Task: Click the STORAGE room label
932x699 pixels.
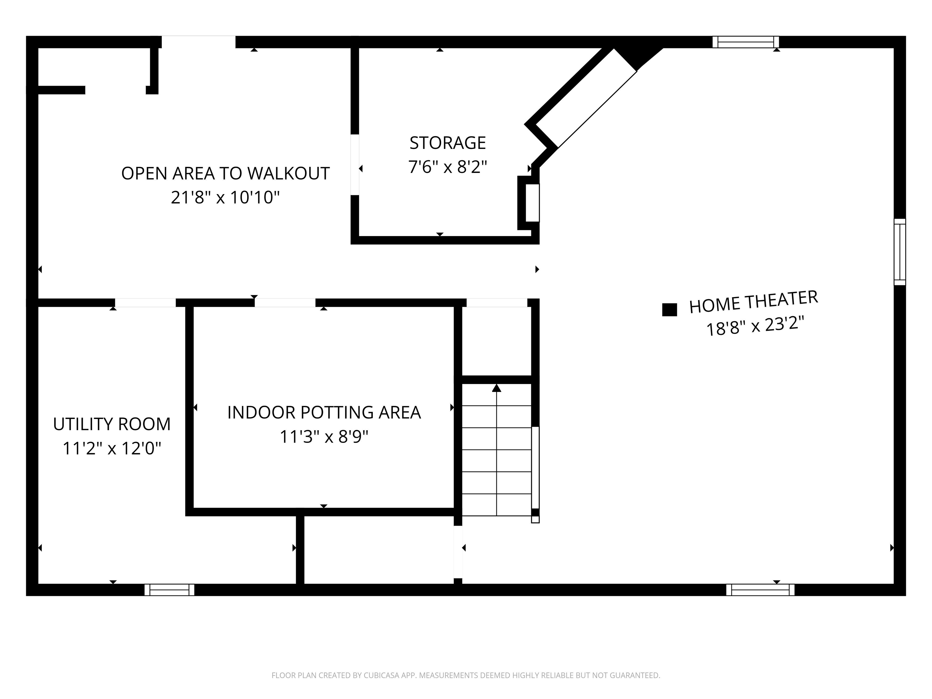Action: [447, 143]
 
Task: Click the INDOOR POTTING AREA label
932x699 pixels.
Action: [324, 413]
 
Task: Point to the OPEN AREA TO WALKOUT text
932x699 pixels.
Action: [225, 174]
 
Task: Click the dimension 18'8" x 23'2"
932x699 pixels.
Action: [755, 326]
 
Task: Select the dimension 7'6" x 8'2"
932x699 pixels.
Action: [447, 167]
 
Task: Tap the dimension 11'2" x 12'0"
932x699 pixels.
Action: [112, 448]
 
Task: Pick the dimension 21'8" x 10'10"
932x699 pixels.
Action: [225, 197]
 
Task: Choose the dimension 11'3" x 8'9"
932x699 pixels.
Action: [324, 437]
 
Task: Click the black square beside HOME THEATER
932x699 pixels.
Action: [670, 310]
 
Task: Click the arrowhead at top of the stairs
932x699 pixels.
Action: [497, 388]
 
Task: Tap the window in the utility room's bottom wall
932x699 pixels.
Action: [169, 589]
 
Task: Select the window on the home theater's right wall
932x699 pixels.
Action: [900, 252]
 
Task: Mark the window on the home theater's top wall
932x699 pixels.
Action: [746, 42]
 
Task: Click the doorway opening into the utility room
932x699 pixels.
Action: [145, 302]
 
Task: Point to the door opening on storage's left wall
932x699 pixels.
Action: [355, 165]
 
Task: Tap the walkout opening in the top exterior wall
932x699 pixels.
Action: [198, 42]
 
